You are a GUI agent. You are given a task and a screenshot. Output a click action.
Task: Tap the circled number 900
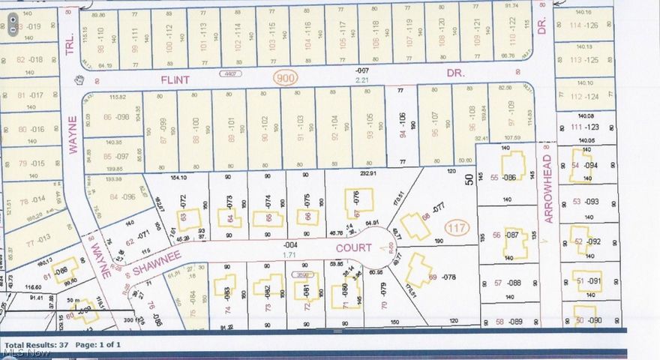(x=286, y=77)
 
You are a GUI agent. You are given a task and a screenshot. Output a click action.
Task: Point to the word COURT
(x=353, y=246)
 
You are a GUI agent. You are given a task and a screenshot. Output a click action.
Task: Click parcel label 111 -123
(x=586, y=128)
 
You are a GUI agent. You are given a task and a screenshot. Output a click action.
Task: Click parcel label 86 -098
(x=118, y=117)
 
